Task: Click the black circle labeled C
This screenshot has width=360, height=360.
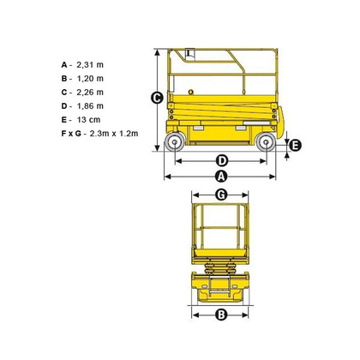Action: pyautogui.click(x=157, y=98)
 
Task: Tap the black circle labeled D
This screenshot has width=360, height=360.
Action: pyautogui.click(x=222, y=161)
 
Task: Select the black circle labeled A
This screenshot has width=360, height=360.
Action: pyautogui.click(x=221, y=177)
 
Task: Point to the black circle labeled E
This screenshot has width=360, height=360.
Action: pyautogui.click(x=295, y=146)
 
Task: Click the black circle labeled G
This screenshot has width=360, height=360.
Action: pyautogui.click(x=221, y=195)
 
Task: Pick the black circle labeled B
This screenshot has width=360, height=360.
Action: pyautogui.click(x=221, y=315)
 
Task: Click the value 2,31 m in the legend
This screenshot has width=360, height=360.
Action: pyautogui.click(x=90, y=65)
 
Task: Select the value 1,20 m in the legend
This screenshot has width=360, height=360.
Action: pyautogui.click(x=90, y=79)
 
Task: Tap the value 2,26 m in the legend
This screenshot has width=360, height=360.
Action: pyautogui.click(x=90, y=93)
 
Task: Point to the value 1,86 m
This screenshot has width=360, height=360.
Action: pyautogui.click(x=90, y=106)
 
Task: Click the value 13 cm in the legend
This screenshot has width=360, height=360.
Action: pyautogui.click(x=88, y=120)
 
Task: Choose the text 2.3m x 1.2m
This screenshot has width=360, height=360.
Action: pyautogui.click(x=114, y=134)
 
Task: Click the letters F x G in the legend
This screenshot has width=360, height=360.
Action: pyautogui.click(x=71, y=134)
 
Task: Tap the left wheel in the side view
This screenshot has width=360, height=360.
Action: pyautogui.click(x=175, y=142)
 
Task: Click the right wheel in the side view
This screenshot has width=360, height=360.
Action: pyautogui.click(x=266, y=142)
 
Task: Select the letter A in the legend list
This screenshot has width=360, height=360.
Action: pyautogui.click(x=64, y=65)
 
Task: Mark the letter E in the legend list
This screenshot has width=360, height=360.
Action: pyautogui.click(x=64, y=120)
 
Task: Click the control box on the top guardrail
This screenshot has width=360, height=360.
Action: pyautogui.click(x=189, y=55)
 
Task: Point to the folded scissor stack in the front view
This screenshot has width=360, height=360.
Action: pyautogui.click(x=220, y=268)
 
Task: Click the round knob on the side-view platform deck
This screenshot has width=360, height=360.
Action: pyautogui.click(x=191, y=92)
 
